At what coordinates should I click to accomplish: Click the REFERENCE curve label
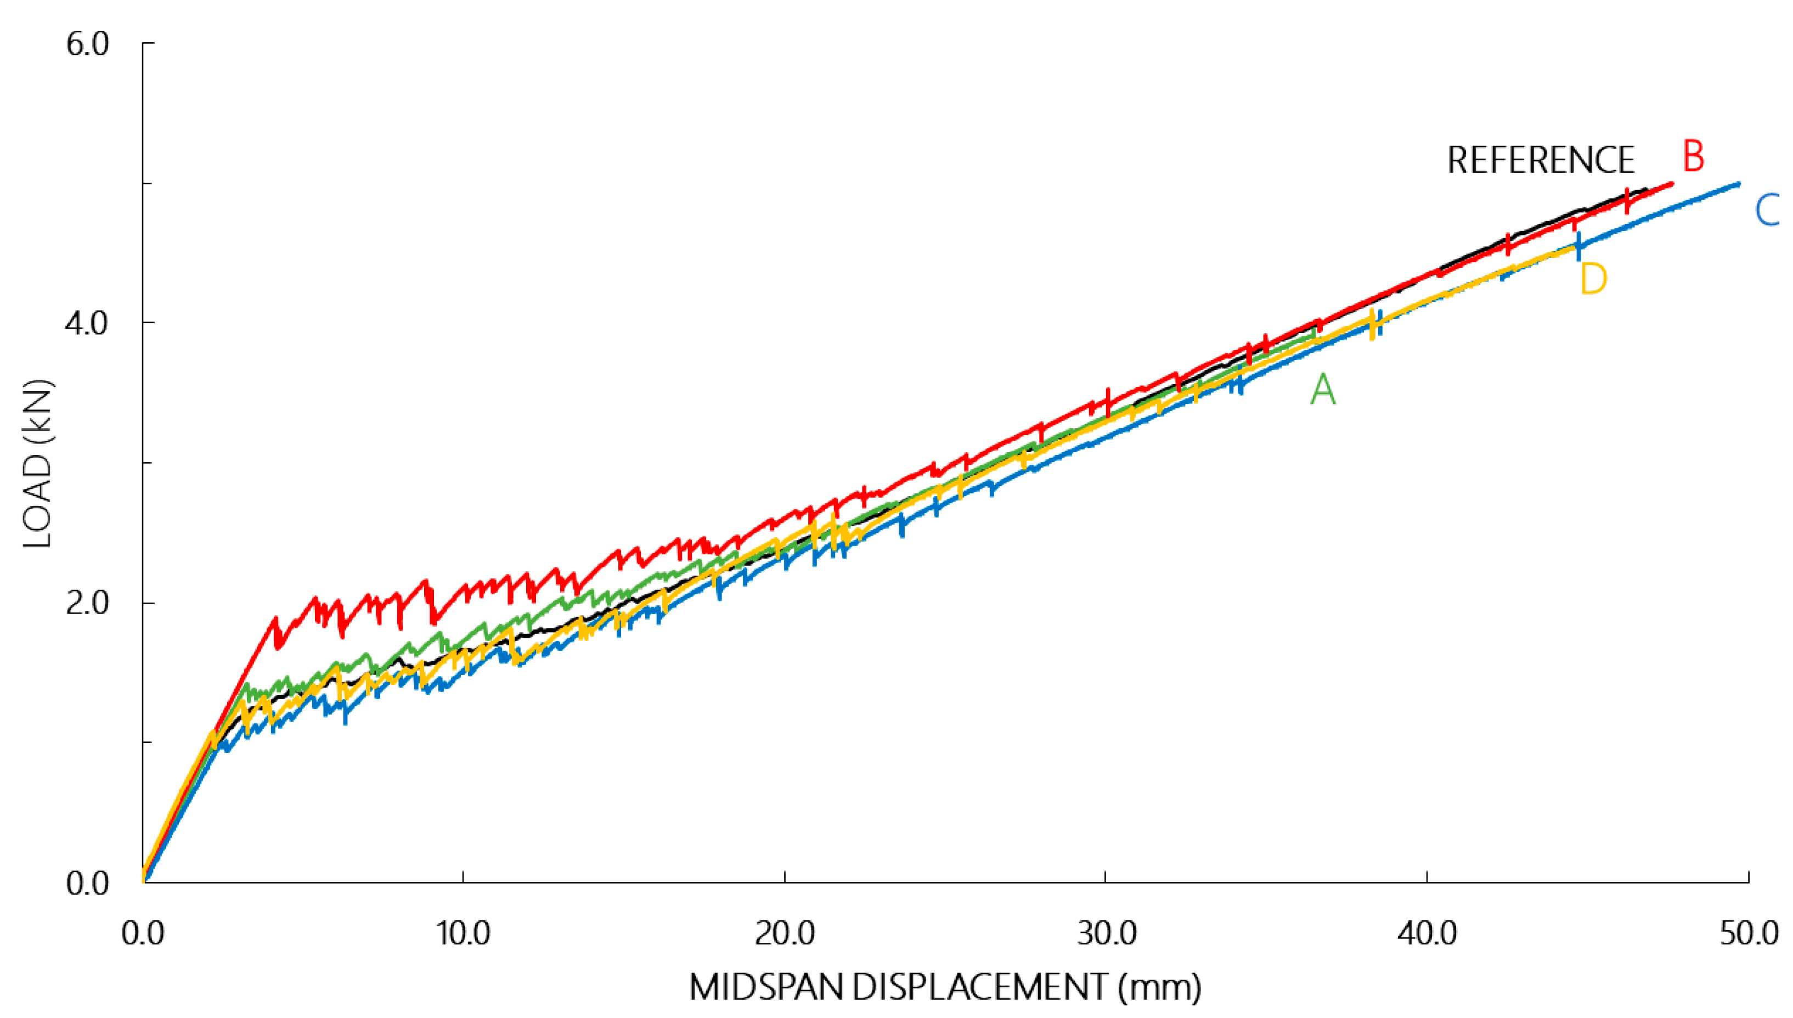1540,160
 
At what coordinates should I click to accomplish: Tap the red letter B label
1693,156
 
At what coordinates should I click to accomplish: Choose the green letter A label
1323,390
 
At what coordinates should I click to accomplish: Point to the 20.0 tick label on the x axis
785,934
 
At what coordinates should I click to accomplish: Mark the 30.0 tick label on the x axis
1105,934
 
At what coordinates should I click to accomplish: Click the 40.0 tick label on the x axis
1426,934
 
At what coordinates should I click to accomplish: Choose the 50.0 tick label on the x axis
1748,934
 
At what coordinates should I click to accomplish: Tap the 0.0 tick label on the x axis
143,934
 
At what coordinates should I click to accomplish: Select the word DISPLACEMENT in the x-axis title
979,988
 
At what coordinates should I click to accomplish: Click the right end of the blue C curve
1739,184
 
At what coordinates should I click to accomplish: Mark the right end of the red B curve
1672,184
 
